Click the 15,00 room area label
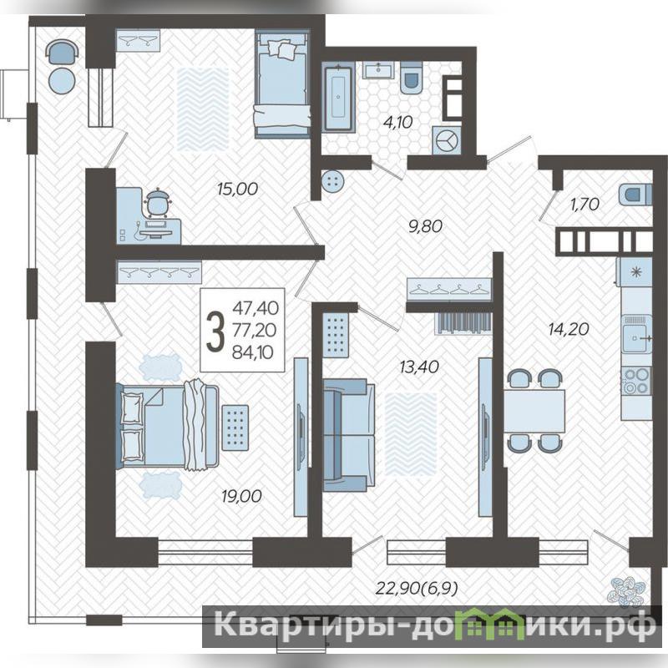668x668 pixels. pyautogui.click(x=237, y=189)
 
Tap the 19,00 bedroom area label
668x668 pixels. pyautogui.click(x=241, y=495)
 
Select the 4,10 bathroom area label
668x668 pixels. pyautogui.click(x=398, y=122)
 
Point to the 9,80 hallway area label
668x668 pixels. pyautogui.click(x=425, y=225)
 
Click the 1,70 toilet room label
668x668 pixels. pyautogui.click(x=585, y=205)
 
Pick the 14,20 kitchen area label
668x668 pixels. pyautogui.click(x=569, y=328)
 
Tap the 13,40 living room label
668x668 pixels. pyautogui.click(x=419, y=367)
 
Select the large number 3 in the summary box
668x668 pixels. pyautogui.click(x=215, y=330)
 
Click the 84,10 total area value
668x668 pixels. pyautogui.click(x=253, y=352)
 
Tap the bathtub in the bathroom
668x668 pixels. pyautogui.click(x=338, y=97)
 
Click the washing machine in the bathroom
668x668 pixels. pyautogui.click(x=446, y=140)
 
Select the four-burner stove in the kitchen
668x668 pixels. pyautogui.click(x=636, y=381)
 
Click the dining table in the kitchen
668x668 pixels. pyautogui.click(x=534, y=411)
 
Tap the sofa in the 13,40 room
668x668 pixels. pyautogui.click(x=349, y=435)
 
